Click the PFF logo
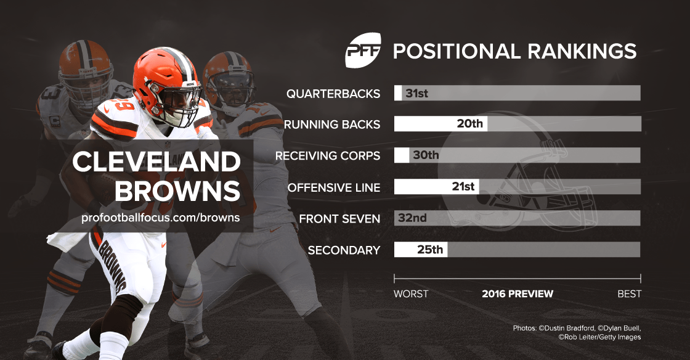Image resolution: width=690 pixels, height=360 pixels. [363, 52]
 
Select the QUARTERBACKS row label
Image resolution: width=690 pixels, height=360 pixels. [333, 94]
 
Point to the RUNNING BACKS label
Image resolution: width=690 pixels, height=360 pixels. [332, 125]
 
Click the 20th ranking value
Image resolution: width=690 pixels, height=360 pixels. [469, 124]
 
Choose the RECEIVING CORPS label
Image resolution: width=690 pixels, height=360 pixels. [328, 155]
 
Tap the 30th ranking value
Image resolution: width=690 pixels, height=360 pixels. [426, 155]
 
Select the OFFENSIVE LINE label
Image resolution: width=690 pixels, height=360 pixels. [334, 187]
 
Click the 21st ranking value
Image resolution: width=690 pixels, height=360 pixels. [463, 186]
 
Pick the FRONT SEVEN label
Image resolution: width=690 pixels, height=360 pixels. [339, 218]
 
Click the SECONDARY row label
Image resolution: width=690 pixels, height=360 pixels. [344, 250]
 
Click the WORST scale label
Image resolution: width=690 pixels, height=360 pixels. [411, 294]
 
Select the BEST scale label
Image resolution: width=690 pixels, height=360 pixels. [630, 294]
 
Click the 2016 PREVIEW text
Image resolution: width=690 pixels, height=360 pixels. [517, 294]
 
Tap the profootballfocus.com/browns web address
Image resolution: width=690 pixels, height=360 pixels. [160, 218]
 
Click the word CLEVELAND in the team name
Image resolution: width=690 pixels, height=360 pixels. [156, 162]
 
